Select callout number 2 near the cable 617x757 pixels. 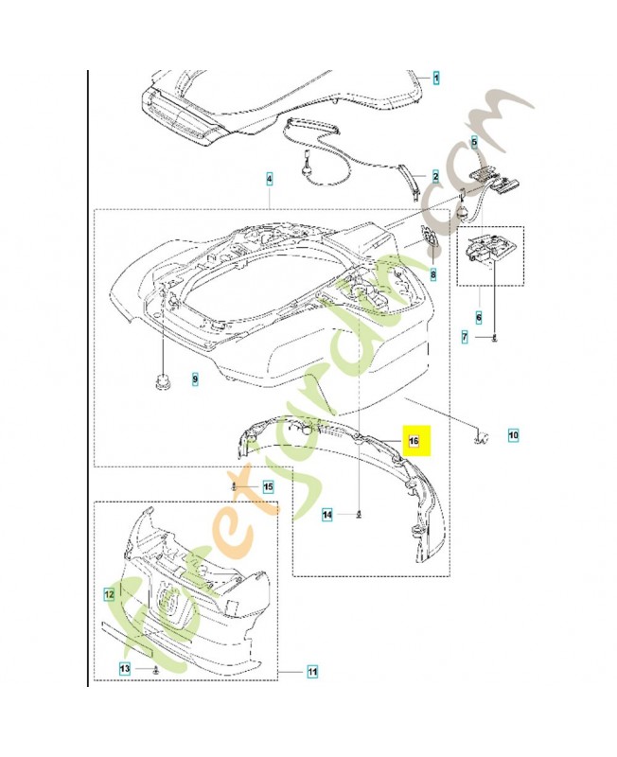pyautogui.click(x=435, y=177)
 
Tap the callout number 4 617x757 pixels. pyautogui.click(x=270, y=178)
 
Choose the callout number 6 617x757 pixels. pyautogui.click(x=479, y=318)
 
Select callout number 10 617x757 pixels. pyautogui.click(x=513, y=436)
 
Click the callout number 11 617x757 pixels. pyautogui.click(x=312, y=673)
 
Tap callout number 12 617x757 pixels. pyautogui.click(x=109, y=594)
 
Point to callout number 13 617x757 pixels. pyautogui.click(x=126, y=669)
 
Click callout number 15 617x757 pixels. pyautogui.click(x=268, y=487)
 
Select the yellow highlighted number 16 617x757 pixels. pyautogui.click(x=413, y=441)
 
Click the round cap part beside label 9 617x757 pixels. pyautogui.click(x=162, y=381)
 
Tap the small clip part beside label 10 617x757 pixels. pyautogui.click(x=483, y=436)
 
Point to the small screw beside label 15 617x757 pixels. pyautogui.click(x=234, y=486)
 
